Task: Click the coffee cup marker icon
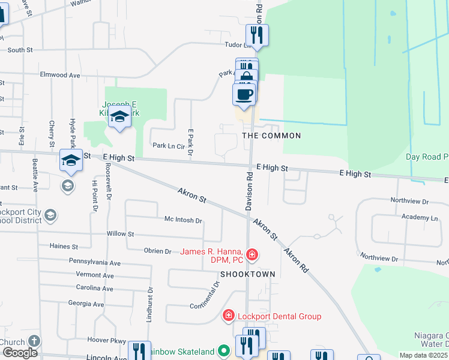click(x=244, y=94)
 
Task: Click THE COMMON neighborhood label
click(x=271, y=136)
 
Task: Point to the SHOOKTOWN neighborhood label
click(x=247, y=274)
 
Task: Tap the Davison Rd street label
click(x=249, y=191)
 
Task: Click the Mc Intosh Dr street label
click(x=183, y=220)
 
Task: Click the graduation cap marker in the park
click(x=120, y=118)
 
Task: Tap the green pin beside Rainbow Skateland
click(x=224, y=350)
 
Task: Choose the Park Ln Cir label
click(x=167, y=145)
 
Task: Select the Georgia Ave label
click(x=86, y=304)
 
